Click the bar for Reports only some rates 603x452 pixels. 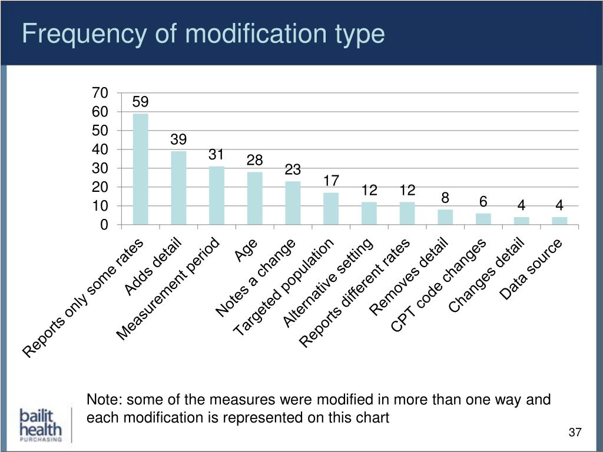[141, 169]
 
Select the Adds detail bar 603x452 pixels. [178, 188]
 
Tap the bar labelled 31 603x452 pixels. [217, 196]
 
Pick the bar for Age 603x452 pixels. [255, 198]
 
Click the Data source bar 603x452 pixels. [559, 221]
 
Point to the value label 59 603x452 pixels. [140, 102]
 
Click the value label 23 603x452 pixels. [293, 170]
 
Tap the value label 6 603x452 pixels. [483, 202]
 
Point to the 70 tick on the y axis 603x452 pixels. [100, 93]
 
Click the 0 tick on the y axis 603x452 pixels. [104, 225]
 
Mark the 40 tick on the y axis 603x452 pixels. [100, 149]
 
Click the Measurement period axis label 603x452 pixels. [169, 290]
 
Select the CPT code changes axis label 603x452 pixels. [439, 286]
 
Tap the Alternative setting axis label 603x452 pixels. [327, 284]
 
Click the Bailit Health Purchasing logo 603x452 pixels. [39, 424]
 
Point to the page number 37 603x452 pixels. [575, 433]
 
